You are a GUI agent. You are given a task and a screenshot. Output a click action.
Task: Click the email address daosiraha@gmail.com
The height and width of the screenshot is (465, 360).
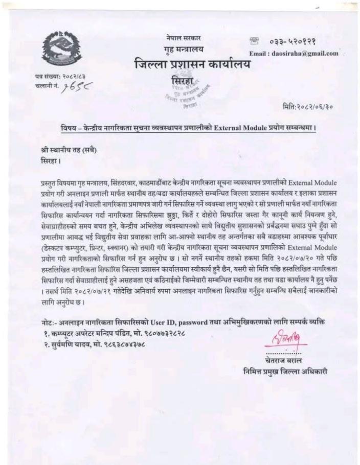[304, 53]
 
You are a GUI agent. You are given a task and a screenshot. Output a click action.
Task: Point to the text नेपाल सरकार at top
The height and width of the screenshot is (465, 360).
[184, 38]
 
